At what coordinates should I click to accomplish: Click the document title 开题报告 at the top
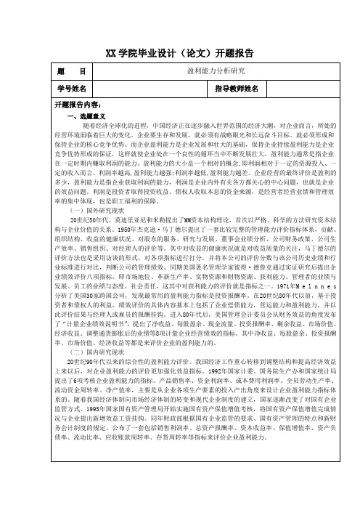(180, 52)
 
